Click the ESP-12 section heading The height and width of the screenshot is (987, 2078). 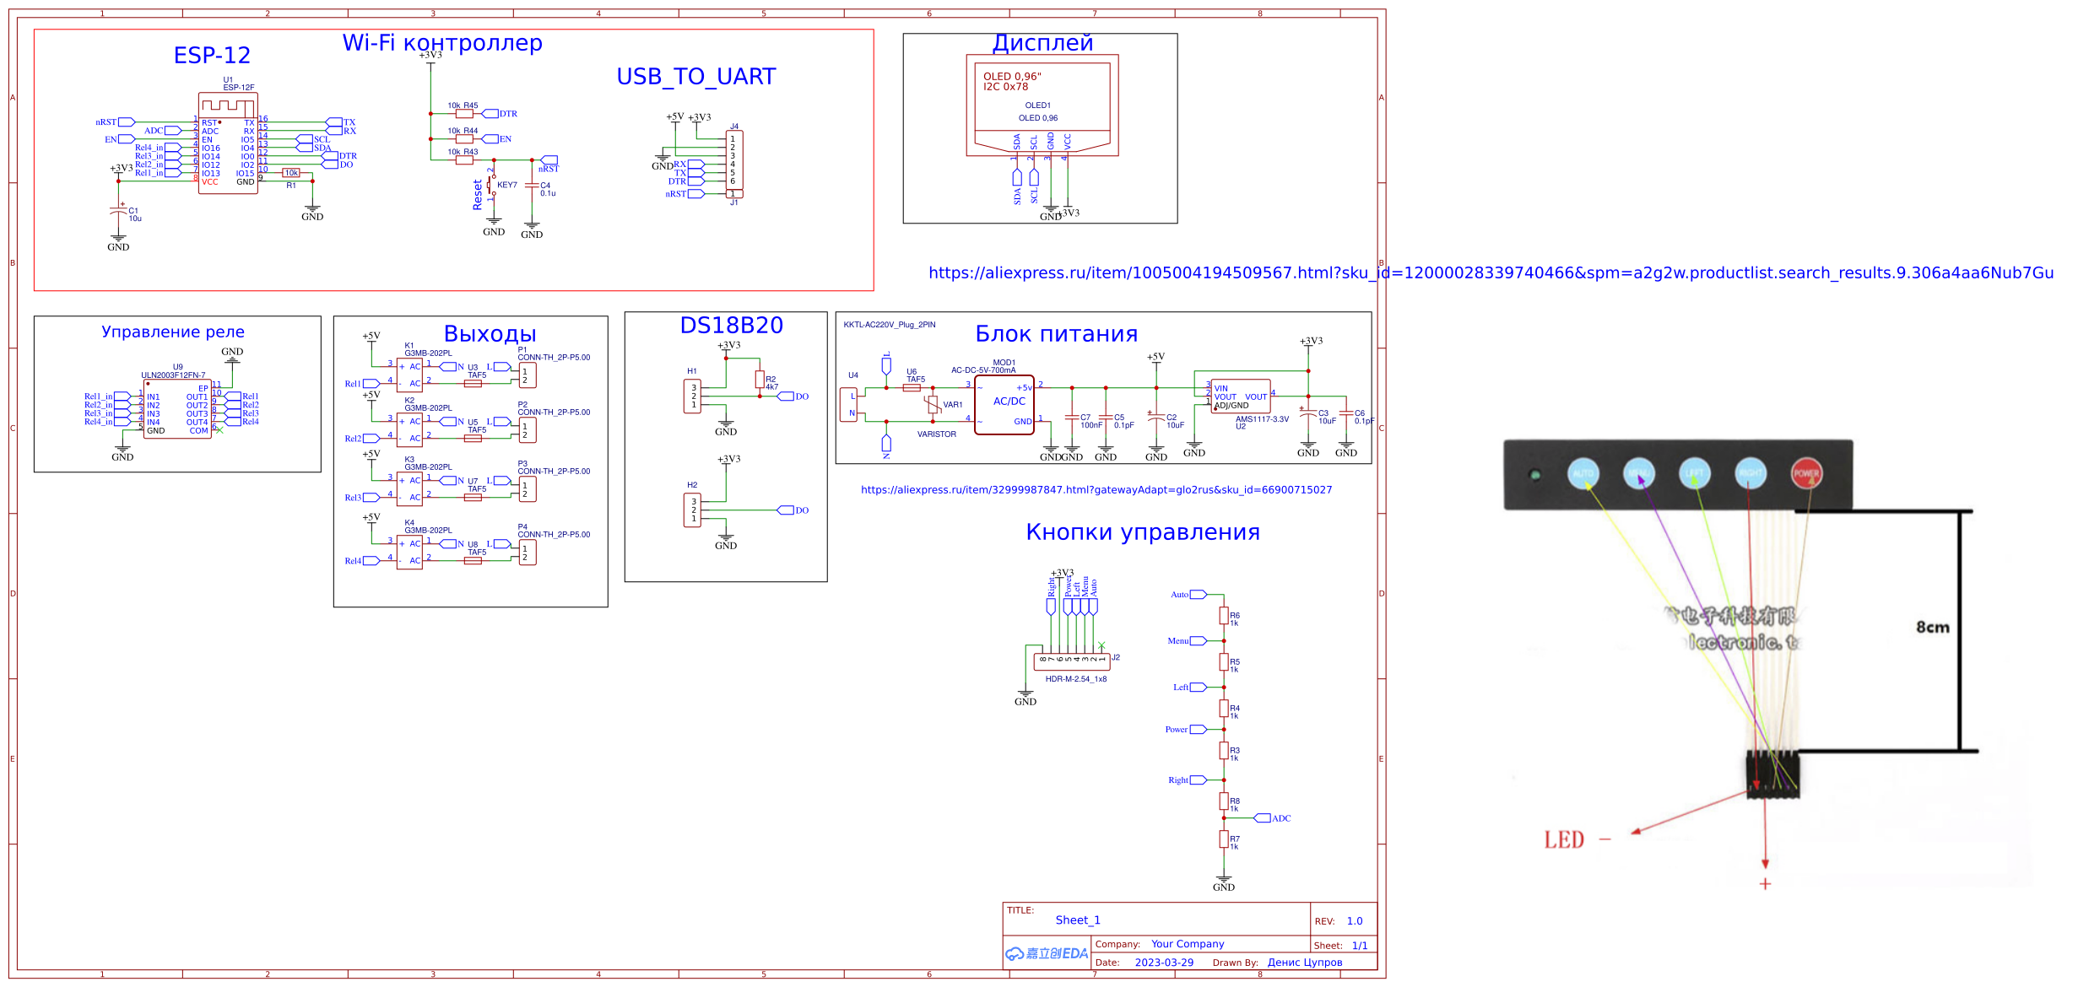(x=212, y=56)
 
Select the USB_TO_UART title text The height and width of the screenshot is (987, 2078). (x=695, y=77)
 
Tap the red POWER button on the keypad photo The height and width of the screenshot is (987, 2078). (x=1805, y=473)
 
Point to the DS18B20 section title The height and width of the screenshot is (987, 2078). (x=731, y=326)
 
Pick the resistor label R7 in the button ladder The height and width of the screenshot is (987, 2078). (x=1234, y=839)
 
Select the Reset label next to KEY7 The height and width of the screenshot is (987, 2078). (x=478, y=194)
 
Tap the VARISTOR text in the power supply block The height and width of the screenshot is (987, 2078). (x=936, y=434)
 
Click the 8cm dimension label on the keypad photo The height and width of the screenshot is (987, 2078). (x=1932, y=627)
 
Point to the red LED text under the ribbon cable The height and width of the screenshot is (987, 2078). (x=1563, y=840)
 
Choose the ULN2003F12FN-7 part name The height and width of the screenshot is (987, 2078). (x=173, y=375)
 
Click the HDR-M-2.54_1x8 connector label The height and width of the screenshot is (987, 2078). (x=1075, y=679)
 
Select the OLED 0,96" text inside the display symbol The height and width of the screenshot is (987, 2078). (x=1011, y=77)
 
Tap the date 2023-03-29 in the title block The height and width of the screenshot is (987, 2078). (x=1164, y=963)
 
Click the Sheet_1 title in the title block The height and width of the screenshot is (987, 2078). (x=1077, y=920)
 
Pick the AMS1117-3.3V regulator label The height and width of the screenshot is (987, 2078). (x=1262, y=419)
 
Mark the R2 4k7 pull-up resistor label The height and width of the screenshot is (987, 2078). (x=771, y=383)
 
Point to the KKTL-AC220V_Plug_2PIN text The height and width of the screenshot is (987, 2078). (x=889, y=325)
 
